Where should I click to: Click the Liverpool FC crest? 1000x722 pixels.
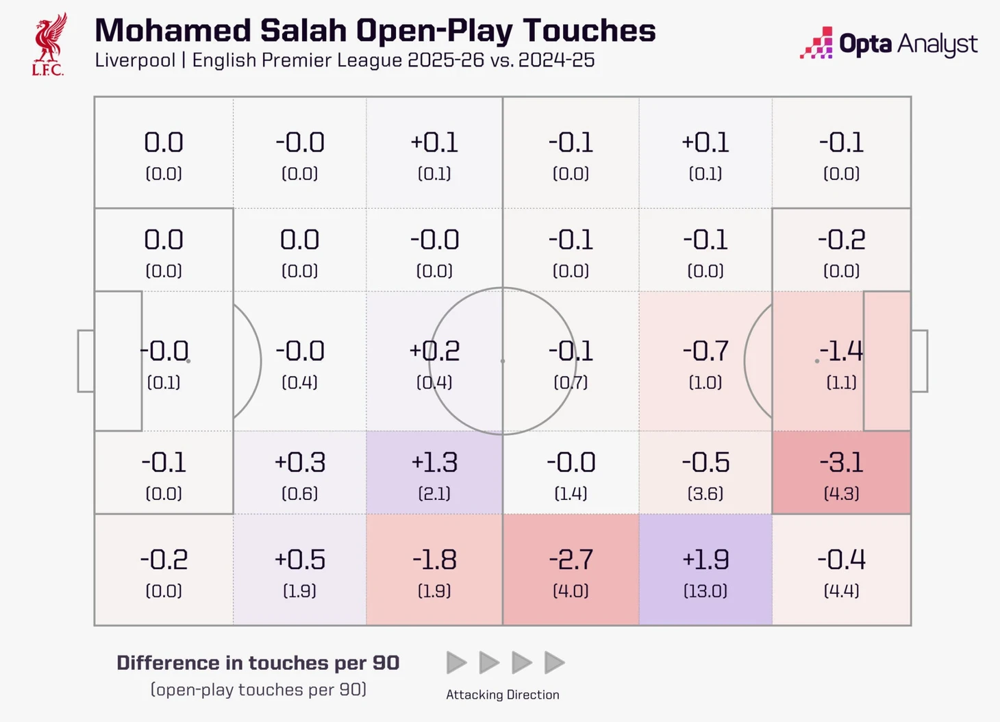[49, 45]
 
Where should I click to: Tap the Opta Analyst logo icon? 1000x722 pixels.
[816, 43]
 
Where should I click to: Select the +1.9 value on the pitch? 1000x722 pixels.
[705, 560]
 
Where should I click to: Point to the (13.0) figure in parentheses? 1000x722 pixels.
[705, 590]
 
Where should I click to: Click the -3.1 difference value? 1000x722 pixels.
[841, 462]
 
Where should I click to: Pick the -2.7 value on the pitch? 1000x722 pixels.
[571, 560]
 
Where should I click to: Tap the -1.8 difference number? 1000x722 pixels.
[434, 560]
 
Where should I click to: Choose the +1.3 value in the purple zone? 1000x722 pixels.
[434, 462]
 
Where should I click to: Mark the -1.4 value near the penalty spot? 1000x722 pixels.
[841, 351]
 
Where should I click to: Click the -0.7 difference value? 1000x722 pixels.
[705, 351]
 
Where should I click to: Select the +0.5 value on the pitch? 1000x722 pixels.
[300, 560]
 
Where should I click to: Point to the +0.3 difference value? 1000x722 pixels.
[300, 462]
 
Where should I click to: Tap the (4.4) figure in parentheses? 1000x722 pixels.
[841, 590]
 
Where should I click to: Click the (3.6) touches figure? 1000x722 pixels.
[705, 493]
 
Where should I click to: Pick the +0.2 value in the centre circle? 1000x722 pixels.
[434, 351]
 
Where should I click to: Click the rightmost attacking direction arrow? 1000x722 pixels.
[554, 662]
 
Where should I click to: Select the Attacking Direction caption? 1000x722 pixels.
[502, 695]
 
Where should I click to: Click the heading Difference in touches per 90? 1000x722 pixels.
[258, 663]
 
